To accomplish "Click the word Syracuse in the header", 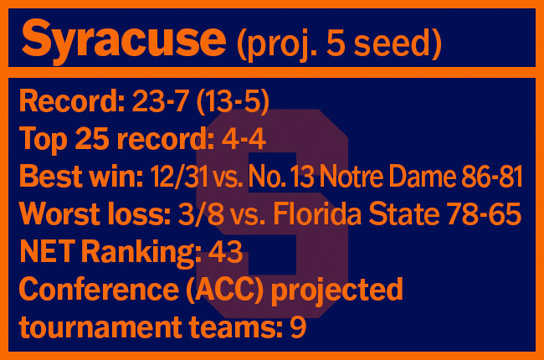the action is (x=124, y=41).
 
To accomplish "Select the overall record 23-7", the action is (x=161, y=101).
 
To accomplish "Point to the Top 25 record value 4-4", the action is (x=244, y=139).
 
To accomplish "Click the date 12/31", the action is (x=179, y=177).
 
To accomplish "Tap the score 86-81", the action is (x=492, y=177).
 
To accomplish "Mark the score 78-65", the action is (x=484, y=213).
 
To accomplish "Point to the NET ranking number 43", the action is (x=225, y=251).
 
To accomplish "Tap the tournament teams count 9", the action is (x=298, y=327).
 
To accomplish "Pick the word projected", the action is (x=337, y=291).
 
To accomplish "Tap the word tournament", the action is (x=100, y=327).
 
